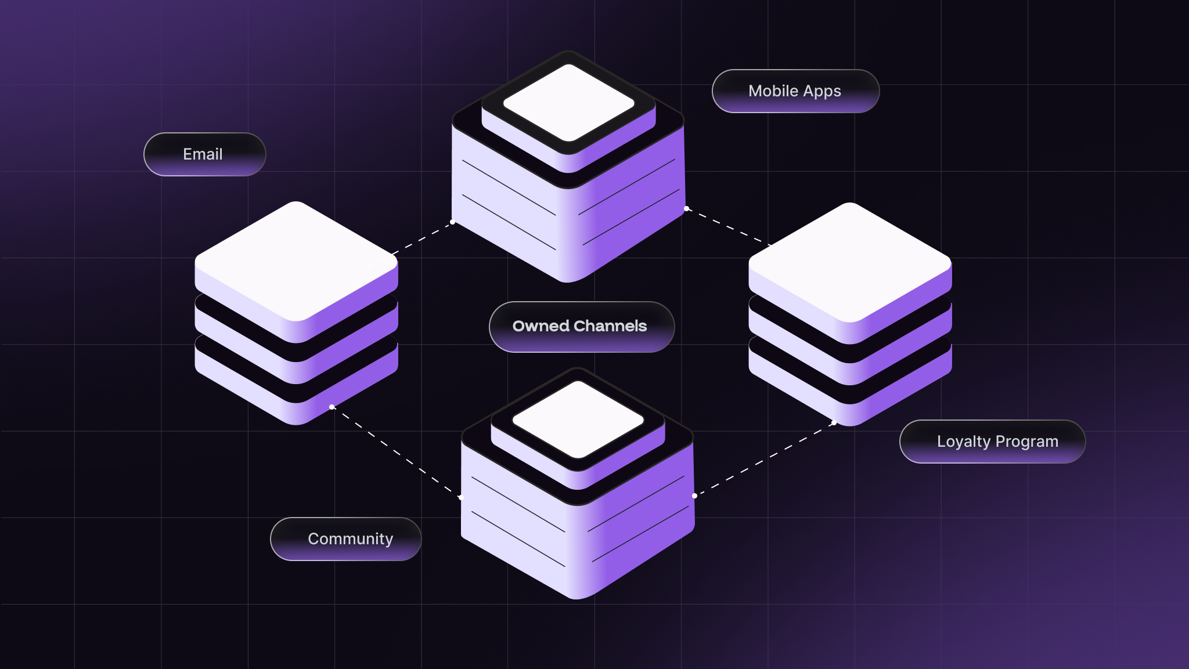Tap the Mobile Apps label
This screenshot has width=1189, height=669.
point(795,91)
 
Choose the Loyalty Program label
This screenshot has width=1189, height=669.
point(992,442)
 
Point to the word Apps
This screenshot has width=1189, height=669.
point(822,92)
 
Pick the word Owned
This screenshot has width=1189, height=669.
point(541,326)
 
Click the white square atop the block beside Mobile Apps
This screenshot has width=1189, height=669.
point(568,103)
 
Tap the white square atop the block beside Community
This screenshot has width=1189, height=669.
point(578,419)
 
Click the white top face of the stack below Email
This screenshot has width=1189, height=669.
point(296,261)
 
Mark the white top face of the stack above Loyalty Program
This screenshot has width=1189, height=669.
point(850,262)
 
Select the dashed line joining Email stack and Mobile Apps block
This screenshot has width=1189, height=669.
point(423,238)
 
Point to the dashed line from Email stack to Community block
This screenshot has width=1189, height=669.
point(395,452)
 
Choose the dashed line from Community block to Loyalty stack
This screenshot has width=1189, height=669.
point(764,460)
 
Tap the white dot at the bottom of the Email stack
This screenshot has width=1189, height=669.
point(332,407)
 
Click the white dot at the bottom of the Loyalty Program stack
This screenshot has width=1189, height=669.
point(834,422)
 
